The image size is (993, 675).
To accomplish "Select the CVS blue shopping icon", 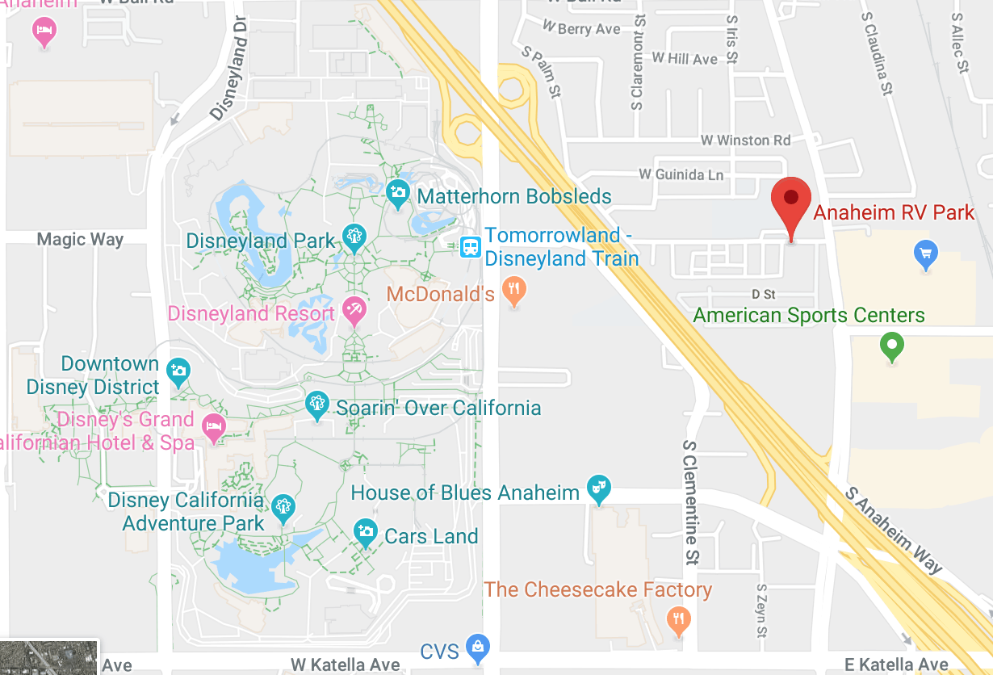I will (479, 647).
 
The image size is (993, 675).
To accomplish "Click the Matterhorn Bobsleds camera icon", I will (397, 192).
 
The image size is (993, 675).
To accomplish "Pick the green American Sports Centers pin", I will (891, 346).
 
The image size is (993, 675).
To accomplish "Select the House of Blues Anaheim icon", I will (598, 488).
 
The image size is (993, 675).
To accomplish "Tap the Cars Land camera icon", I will (366, 532).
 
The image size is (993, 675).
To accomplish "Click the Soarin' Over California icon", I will (316, 404).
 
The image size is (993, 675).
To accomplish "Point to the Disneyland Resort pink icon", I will (354, 308).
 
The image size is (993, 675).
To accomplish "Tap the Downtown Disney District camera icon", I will (177, 371).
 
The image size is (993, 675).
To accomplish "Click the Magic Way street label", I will (80, 240).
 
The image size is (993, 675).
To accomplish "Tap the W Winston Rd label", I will (746, 140).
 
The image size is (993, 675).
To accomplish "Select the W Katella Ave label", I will (346, 665).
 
